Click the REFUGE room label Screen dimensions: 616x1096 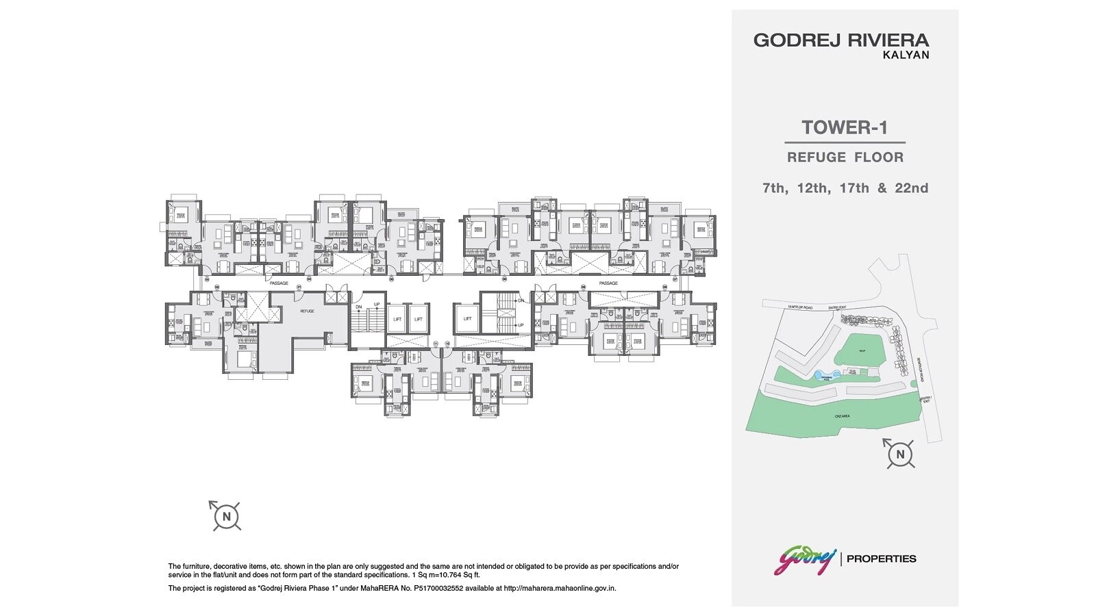tap(307, 311)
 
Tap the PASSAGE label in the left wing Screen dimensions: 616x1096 tap(279, 283)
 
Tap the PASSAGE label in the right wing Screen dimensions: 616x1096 tap(608, 283)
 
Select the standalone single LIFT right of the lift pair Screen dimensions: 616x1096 tap(467, 319)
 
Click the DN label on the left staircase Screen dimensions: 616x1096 tap(359, 306)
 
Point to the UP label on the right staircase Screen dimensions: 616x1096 tap(521, 325)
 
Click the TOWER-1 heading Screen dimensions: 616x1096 tap(844, 128)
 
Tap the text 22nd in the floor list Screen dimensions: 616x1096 tap(912, 188)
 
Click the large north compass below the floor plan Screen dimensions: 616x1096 tap(226, 515)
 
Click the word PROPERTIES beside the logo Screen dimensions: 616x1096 tap(882, 559)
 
